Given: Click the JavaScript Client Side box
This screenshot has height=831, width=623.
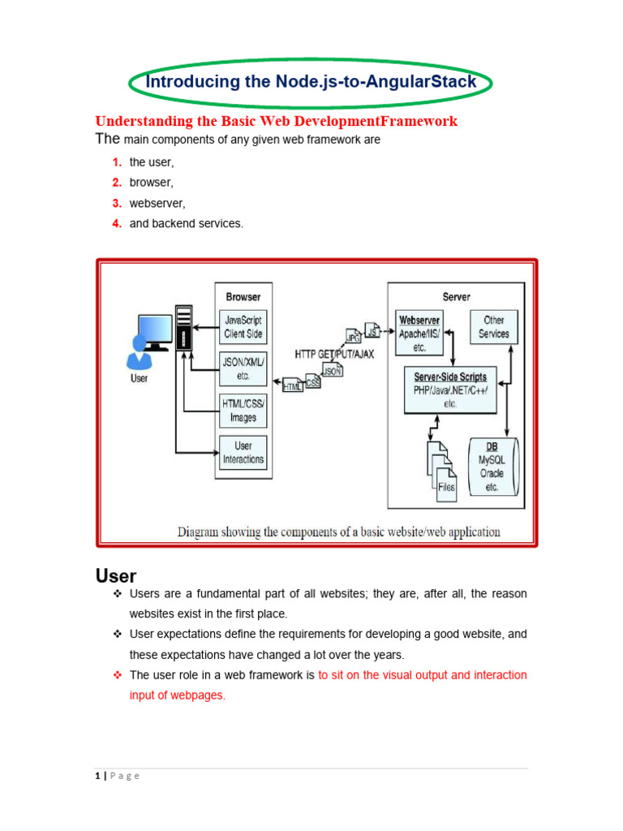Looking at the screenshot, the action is point(243,327).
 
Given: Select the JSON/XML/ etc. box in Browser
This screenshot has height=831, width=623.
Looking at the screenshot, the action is point(243,369).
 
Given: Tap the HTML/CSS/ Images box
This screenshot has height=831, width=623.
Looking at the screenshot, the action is point(243,411).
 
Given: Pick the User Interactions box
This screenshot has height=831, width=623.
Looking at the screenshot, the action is point(243,453).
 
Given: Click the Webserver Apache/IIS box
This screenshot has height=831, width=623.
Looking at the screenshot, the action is point(419,333).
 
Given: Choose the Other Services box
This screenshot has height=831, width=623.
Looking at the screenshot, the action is point(494,327).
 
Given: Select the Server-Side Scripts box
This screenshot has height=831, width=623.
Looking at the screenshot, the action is point(450,390).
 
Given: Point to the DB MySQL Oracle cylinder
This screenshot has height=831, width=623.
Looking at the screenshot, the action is point(493,467).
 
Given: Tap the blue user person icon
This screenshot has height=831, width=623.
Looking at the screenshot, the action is point(140,352).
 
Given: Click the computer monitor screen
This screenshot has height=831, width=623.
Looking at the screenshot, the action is point(155,329).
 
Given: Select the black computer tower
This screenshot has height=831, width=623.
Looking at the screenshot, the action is point(184,328).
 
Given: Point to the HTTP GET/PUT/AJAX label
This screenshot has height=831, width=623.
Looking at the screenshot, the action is point(334,354).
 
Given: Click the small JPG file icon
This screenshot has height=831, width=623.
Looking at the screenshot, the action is point(354,336).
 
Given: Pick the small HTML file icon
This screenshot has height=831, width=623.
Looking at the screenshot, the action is point(292,385).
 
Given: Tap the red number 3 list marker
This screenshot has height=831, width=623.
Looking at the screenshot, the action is point(117,203).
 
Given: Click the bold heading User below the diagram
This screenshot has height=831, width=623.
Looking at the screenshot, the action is point(116,576).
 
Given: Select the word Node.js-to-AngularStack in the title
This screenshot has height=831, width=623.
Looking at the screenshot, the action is point(376,82).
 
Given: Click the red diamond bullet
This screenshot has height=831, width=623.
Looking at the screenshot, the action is point(118,674).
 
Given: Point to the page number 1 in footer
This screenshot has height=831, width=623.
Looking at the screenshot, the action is point(97,776).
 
